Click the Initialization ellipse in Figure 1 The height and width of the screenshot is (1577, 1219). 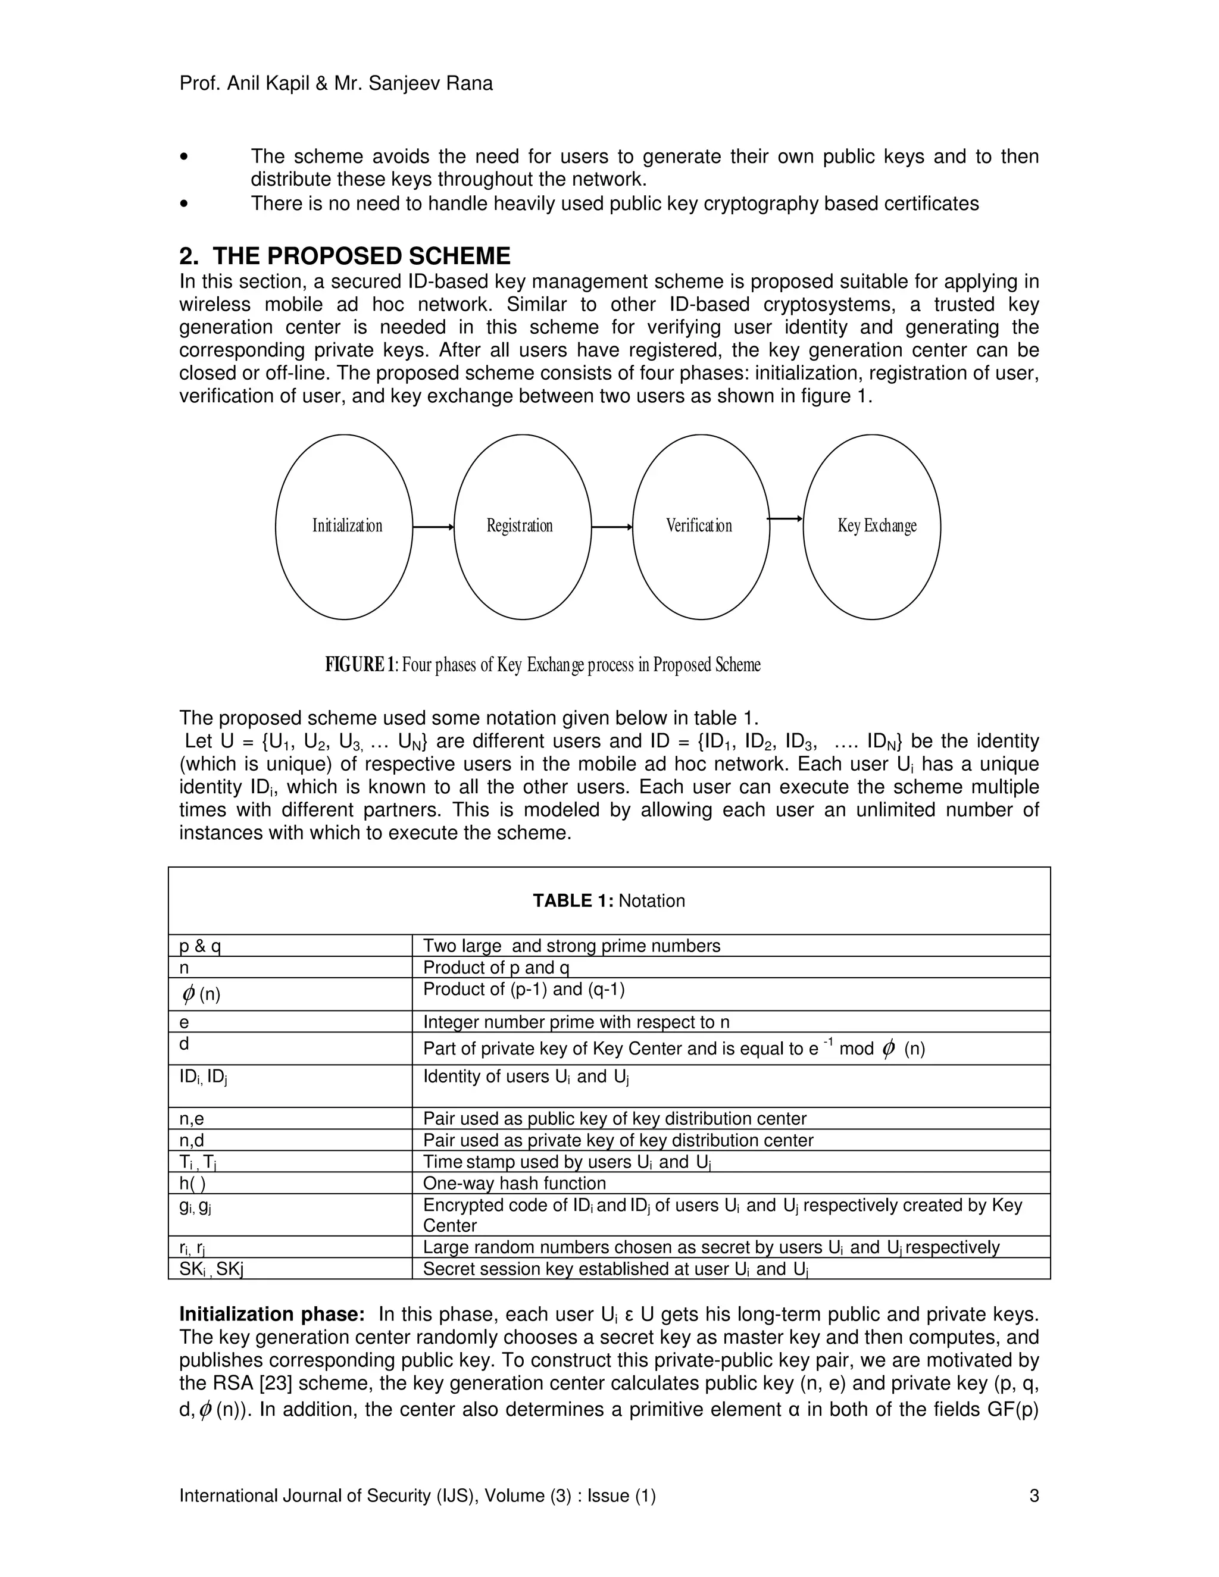coord(344,527)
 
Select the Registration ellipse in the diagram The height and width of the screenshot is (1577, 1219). coord(522,527)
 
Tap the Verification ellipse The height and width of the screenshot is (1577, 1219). coord(701,527)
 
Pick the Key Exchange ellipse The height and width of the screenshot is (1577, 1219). coord(871,527)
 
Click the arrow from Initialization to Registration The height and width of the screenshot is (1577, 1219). coord(433,527)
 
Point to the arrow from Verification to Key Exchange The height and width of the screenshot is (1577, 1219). coord(786,518)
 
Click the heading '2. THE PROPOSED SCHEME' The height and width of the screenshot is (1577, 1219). coord(345,256)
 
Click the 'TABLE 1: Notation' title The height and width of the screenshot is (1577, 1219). coord(609,900)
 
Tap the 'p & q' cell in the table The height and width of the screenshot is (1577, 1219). coord(200,946)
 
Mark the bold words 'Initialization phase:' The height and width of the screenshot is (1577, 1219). coord(271,1314)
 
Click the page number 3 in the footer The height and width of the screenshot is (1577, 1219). coord(1033,1495)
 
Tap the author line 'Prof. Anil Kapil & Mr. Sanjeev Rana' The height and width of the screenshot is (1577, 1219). coord(336,84)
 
